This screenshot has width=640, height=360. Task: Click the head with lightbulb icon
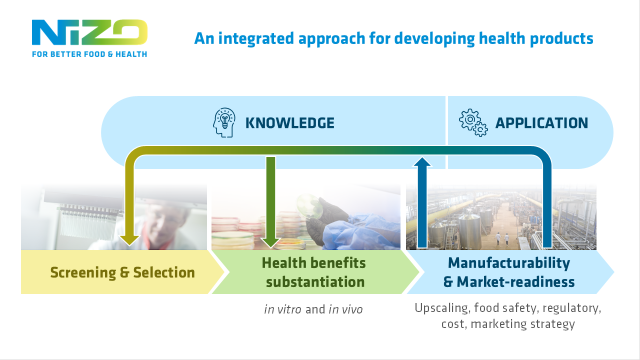click(227, 123)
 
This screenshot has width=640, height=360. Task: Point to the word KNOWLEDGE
click(290, 123)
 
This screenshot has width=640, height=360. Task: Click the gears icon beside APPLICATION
click(472, 123)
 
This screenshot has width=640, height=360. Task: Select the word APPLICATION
click(540, 123)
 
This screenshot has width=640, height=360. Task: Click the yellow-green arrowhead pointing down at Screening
click(129, 238)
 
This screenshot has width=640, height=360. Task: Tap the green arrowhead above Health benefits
click(270, 238)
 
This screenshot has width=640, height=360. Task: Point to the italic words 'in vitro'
click(282, 309)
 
